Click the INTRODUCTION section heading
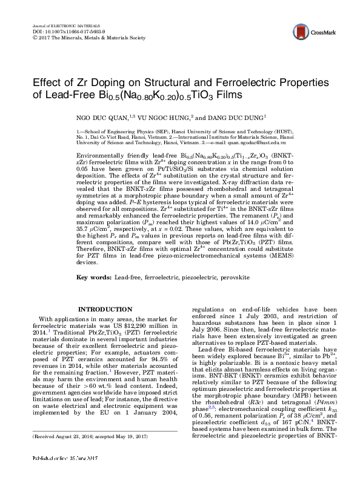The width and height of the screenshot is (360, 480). point(106,310)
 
